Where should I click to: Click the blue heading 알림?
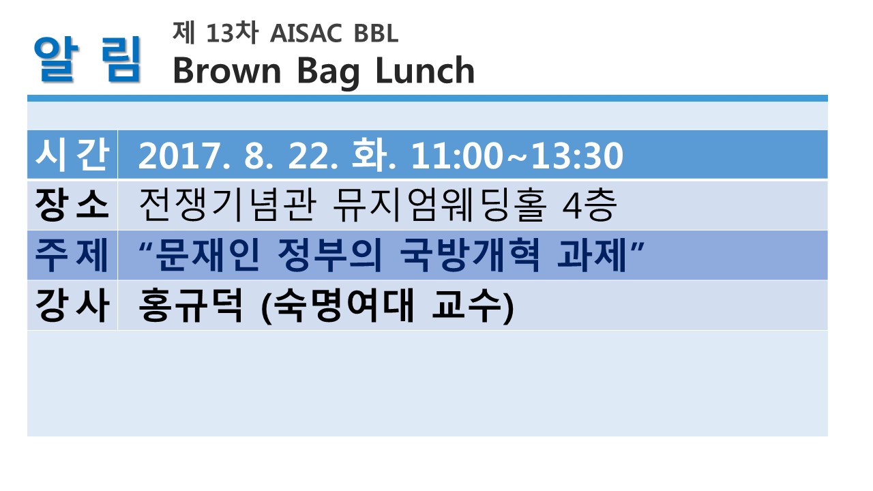87,59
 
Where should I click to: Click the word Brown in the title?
227,70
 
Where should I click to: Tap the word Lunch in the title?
425,70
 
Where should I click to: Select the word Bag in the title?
328,73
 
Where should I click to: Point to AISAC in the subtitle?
306,33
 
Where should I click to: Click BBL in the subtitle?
376,33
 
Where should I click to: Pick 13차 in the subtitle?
233,32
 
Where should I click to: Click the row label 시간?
72,155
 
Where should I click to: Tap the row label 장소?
72,205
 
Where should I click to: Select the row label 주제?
72,255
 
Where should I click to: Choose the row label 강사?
72,305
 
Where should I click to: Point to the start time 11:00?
457,156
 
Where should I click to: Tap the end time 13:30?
577,156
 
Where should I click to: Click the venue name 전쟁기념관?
228,205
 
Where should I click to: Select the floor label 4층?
590,205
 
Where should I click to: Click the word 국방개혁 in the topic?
471,255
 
